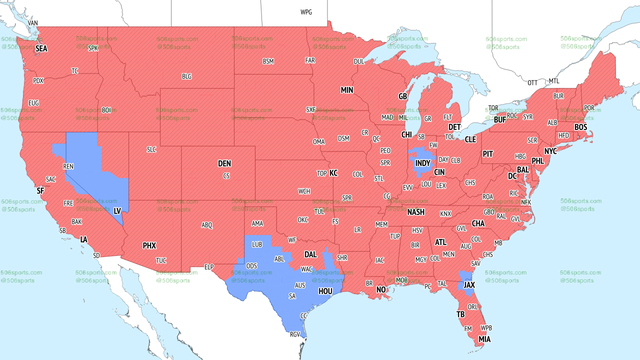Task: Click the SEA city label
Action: (x=41, y=48)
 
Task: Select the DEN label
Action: (x=225, y=163)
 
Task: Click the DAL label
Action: (x=311, y=255)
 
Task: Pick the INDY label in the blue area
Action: (x=423, y=163)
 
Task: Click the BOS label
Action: (x=580, y=127)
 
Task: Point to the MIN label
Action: (x=347, y=90)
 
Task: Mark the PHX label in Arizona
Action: (x=149, y=245)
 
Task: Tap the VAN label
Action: (x=32, y=22)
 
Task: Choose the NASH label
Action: (x=416, y=212)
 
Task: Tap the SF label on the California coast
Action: (x=40, y=190)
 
